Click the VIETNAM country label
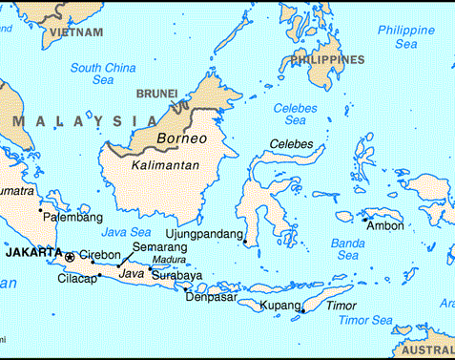77,32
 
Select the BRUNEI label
156,93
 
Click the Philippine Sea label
404,36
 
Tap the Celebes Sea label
295,115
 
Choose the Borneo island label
181,138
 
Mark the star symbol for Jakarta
70,256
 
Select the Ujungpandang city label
205,232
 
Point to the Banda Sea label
348,249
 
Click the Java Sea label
126,232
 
